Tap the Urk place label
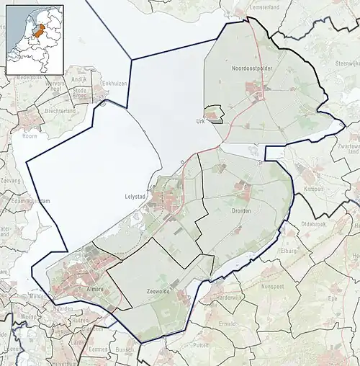click(x=201, y=121)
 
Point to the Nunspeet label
click(x=281, y=285)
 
